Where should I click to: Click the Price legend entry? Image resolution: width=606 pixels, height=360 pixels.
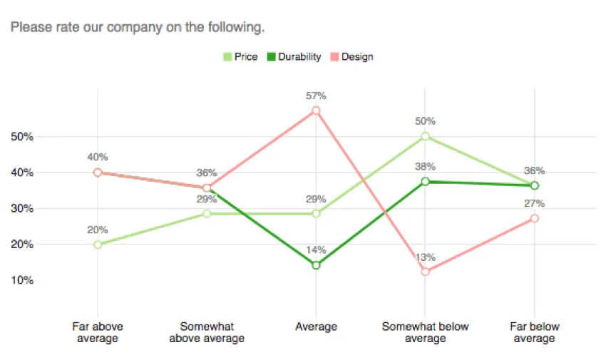click(x=240, y=57)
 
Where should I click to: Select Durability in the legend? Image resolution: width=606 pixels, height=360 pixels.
click(x=294, y=57)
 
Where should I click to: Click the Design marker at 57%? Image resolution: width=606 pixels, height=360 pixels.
click(x=316, y=110)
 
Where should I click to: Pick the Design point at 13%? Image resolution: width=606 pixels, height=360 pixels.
click(x=426, y=272)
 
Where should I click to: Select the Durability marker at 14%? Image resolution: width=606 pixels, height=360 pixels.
click(x=316, y=265)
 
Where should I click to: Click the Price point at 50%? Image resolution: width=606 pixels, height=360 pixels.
click(x=426, y=136)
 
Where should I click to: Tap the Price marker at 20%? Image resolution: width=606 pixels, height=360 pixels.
click(x=98, y=245)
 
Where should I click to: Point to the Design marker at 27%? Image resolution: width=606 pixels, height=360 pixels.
click(x=535, y=218)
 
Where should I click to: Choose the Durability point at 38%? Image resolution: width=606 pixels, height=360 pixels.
click(x=426, y=182)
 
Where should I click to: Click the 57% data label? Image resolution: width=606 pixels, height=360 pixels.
click(x=316, y=95)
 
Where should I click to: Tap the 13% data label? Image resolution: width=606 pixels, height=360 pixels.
click(x=426, y=257)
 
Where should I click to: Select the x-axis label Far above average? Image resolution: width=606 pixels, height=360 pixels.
click(x=98, y=332)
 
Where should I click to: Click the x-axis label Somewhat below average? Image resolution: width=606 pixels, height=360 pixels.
click(x=426, y=332)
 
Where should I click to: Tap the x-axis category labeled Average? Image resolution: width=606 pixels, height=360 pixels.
click(x=316, y=327)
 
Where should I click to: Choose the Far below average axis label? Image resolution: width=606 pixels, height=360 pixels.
click(x=535, y=332)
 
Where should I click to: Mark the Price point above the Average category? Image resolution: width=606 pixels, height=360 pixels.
click(x=316, y=213)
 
